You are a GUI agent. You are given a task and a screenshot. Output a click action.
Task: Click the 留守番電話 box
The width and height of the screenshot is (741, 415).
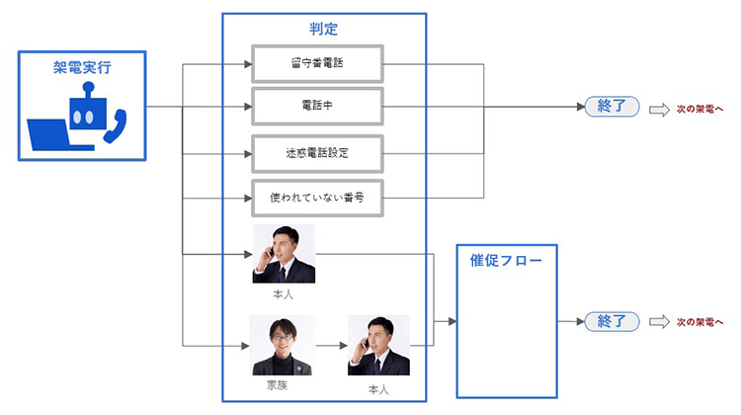pos(316,64)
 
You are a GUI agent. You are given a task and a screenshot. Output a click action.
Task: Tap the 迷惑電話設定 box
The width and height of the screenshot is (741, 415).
pos(316,154)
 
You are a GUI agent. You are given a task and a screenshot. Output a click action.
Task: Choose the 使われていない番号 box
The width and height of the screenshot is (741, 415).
pos(316,197)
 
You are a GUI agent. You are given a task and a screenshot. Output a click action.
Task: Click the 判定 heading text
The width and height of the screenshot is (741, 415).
pos(323,29)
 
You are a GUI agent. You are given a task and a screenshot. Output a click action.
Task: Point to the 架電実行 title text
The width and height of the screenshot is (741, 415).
pos(82,67)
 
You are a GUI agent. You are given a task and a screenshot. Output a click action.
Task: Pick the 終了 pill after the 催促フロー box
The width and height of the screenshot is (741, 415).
pos(613,321)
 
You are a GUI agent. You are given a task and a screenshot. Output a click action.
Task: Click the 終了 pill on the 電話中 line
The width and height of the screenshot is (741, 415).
pos(613,107)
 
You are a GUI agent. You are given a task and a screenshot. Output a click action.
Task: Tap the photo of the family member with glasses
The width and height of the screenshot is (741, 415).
pos(282,345)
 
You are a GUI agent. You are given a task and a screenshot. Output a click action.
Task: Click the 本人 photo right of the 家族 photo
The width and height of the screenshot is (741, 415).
pos(378,345)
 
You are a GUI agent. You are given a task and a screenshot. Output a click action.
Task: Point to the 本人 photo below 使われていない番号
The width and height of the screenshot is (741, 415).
pos(284,254)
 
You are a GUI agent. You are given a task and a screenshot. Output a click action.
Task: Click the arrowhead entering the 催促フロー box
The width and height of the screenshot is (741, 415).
pos(452,322)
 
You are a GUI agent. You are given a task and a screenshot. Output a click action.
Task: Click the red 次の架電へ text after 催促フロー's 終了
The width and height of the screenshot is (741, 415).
pos(700,322)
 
